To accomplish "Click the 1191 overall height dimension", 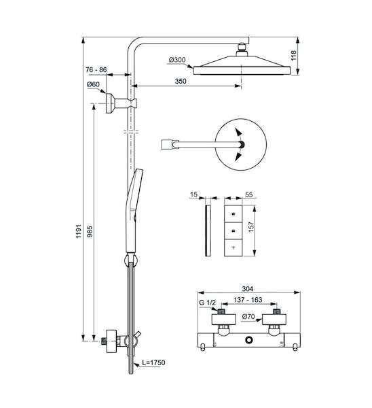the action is point(79,231).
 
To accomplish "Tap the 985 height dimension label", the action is point(90,231).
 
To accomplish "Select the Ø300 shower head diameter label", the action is point(177,60).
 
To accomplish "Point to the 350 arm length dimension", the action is point(181,81).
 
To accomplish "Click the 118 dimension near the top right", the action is point(293,56).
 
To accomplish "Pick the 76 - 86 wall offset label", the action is point(96,70).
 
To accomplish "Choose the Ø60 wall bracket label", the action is point(93,84).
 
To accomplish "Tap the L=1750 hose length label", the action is point(153,362).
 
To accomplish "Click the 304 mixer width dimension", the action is point(248,288).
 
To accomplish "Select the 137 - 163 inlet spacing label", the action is point(248,300).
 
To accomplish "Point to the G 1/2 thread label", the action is point(207,303).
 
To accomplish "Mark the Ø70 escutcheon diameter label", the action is point(248,317).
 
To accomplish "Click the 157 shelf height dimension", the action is point(251,227).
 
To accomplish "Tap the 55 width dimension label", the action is point(249,194).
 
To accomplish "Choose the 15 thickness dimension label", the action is point(193,194).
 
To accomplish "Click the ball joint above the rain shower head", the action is point(242,48).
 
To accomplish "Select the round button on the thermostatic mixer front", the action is point(249,339).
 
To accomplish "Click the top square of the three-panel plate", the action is point(233,214).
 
